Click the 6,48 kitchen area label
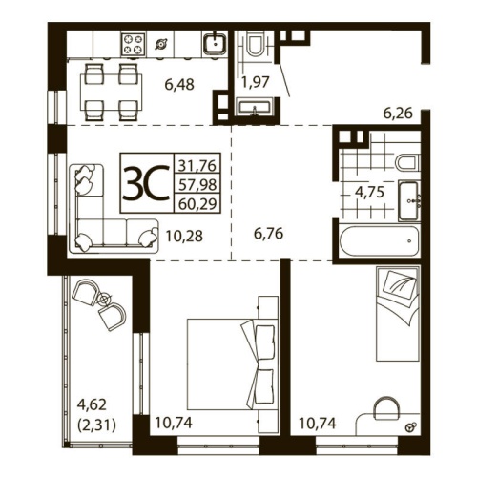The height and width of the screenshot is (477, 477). [x=178, y=85]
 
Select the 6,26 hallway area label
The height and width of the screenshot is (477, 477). [x=400, y=113]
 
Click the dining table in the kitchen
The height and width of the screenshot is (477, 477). [x=106, y=85]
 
